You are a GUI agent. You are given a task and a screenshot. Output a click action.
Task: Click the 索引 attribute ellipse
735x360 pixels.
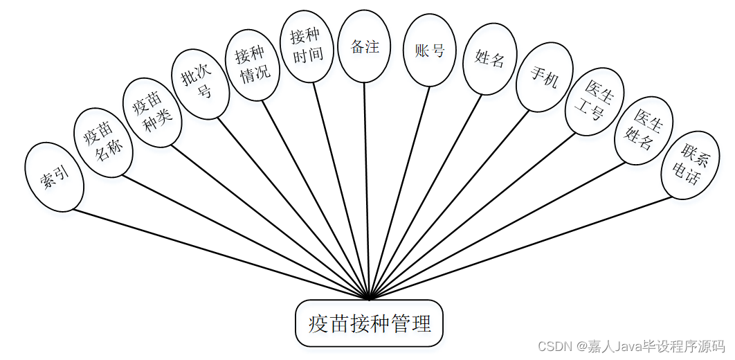(x=54, y=177)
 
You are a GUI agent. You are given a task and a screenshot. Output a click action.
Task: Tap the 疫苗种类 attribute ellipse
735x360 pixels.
(x=152, y=112)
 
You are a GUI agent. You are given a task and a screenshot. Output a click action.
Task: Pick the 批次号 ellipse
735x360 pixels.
(x=200, y=83)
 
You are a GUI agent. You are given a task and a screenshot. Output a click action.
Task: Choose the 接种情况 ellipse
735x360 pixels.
(x=251, y=65)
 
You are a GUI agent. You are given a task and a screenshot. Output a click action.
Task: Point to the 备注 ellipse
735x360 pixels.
(x=364, y=46)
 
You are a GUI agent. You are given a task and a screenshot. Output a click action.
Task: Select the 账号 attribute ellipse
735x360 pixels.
(x=429, y=51)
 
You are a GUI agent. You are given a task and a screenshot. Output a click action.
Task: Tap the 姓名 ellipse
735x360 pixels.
(x=489, y=58)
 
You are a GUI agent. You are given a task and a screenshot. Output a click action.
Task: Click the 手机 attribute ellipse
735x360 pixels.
(x=545, y=76)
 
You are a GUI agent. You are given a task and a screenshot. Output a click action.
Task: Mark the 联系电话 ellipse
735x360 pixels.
(x=690, y=165)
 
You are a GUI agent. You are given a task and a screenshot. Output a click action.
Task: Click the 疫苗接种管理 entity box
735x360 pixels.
(x=369, y=323)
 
